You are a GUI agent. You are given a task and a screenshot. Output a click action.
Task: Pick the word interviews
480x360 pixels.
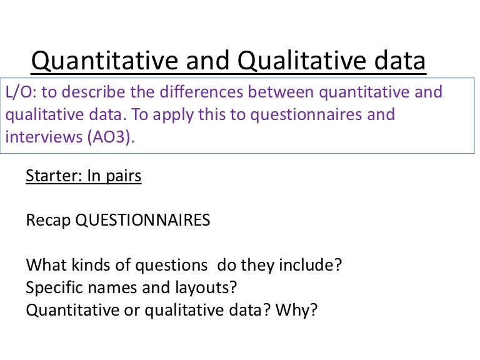click(41, 137)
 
